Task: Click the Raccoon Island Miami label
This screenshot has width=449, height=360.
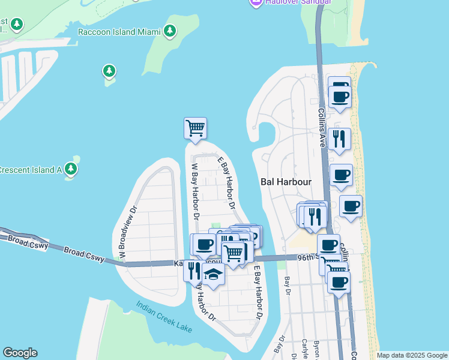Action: pyautogui.click(x=119, y=31)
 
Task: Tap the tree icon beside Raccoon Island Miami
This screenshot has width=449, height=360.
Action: pyautogui.click(x=170, y=31)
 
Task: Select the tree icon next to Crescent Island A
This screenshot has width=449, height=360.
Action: pyautogui.click(x=71, y=170)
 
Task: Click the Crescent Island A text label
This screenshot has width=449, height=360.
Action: pyautogui.click(x=31, y=170)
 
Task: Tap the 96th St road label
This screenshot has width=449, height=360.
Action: pyautogui.click(x=308, y=257)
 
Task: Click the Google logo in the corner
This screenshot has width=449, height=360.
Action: pyautogui.click(x=20, y=353)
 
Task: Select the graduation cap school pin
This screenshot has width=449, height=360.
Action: pyautogui.click(x=212, y=274)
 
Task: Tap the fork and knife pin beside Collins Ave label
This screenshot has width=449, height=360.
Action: pyautogui.click(x=340, y=139)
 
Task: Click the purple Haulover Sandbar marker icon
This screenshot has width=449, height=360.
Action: pyautogui.click(x=255, y=3)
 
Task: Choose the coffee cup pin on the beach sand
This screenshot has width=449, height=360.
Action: pyautogui.click(x=351, y=206)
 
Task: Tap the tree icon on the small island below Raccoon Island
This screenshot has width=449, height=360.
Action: pyautogui.click(x=109, y=71)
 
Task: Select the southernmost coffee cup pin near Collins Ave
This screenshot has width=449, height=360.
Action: pyautogui.click(x=339, y=281)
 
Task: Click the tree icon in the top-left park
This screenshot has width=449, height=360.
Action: pyautogui.click(x=17, y=25)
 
